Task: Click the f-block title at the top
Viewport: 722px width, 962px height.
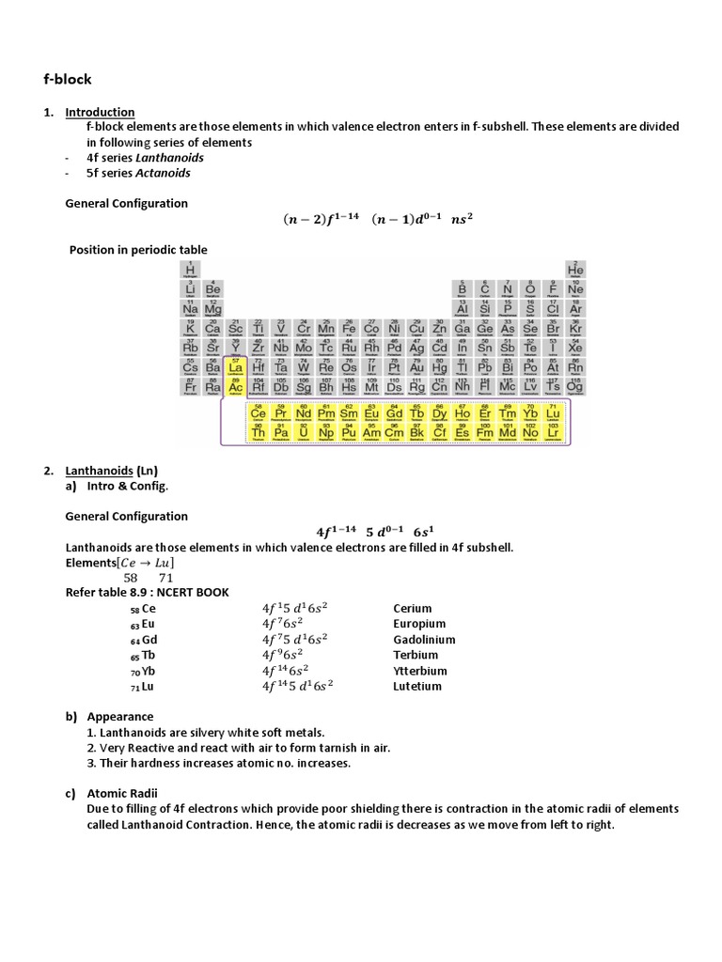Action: coord(70,79)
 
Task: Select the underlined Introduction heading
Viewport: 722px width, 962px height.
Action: coord(100,112)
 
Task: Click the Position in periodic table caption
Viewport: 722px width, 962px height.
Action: coord(138,250)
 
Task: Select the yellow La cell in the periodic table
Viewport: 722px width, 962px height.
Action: coord(236,367)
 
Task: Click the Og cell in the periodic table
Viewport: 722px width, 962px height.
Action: coord(575,386)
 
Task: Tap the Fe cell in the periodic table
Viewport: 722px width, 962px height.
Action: coord(349,328)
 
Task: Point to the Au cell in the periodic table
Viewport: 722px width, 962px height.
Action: coord(416,367)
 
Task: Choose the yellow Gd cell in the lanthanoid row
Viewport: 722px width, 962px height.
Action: coord(394,412)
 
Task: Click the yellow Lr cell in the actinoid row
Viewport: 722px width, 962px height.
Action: coord(553,432)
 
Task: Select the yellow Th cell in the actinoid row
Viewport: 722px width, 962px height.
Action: coord(258,432)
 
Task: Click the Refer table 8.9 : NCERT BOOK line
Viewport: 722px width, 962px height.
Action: coord(147,592)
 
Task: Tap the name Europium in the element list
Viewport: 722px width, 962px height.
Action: coord(419,624)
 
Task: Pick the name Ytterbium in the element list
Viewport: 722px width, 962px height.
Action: coord(420,671)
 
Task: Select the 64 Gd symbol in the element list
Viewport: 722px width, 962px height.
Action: coord(143,640)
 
